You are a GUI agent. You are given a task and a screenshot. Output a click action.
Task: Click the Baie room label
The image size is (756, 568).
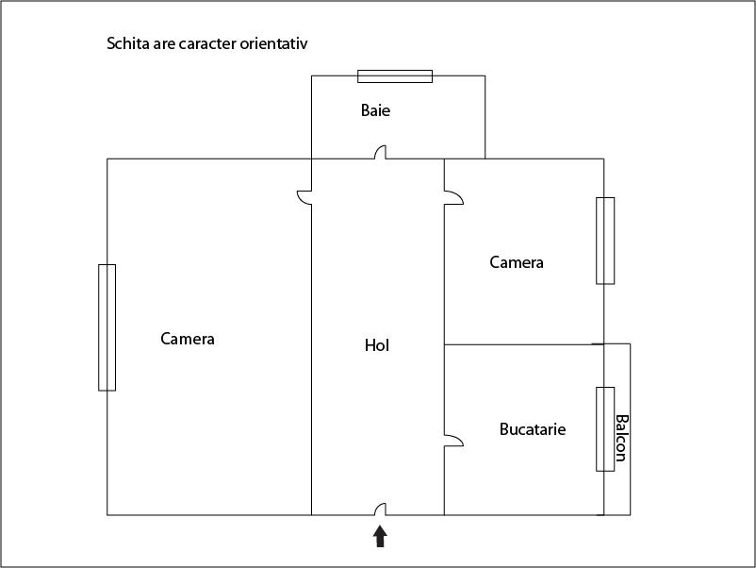point(375,110)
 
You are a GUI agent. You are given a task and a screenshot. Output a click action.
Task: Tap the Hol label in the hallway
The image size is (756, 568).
point(376,345)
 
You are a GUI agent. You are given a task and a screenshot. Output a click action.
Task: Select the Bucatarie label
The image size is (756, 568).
point(533,429)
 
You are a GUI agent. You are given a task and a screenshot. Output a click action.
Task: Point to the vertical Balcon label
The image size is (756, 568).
point(621,438)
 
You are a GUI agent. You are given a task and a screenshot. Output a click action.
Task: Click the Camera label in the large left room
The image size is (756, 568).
point(187,339)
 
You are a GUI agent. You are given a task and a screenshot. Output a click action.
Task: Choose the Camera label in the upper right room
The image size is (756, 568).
point(517,262)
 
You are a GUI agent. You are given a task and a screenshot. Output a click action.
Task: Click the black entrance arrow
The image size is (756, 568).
point(380,536)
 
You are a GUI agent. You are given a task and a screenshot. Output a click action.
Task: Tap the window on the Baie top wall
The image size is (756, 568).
point(395,76)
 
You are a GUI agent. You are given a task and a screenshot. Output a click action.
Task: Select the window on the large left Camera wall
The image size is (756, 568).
point(107,327)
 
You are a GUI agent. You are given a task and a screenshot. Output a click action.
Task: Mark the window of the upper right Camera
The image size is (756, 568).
point(605,241)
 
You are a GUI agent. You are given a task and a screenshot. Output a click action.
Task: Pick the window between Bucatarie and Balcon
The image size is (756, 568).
point(605,429)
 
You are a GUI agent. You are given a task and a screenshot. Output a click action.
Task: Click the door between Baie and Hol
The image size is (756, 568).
point(381,152)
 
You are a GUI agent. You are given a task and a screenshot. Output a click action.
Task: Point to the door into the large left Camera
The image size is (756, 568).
point(304,197)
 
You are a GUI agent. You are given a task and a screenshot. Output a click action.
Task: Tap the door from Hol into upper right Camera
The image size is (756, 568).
point(453,197)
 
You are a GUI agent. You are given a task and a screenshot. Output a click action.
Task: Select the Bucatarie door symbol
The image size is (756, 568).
point(453,440)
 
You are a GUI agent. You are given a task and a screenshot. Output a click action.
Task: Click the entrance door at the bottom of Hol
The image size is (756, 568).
point(381,510)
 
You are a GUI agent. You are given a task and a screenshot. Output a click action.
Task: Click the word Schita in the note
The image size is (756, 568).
point(128,43)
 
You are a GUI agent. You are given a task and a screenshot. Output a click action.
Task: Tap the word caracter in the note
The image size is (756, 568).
point(207,44)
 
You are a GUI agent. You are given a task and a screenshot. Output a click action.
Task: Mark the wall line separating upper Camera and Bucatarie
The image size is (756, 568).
point(523,344)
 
